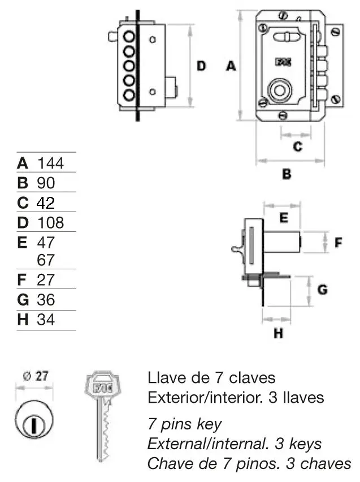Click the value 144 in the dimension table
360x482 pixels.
pos(50,163)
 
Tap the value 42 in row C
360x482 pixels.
pos(46,203)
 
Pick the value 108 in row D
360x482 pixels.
pos(50,222)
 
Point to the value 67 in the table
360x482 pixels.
pos(46,260)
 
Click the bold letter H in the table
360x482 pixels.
pos(23,320)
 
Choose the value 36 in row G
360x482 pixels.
pos(45,299)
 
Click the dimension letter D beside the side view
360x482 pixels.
pos(201,66)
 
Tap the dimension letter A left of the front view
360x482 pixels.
pos(230,66)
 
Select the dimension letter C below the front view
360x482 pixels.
pos(297,147)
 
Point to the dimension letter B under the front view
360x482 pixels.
pos(287,174)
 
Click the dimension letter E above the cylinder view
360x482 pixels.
pos(284,217)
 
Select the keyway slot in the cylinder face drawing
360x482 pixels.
pos(33,422)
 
